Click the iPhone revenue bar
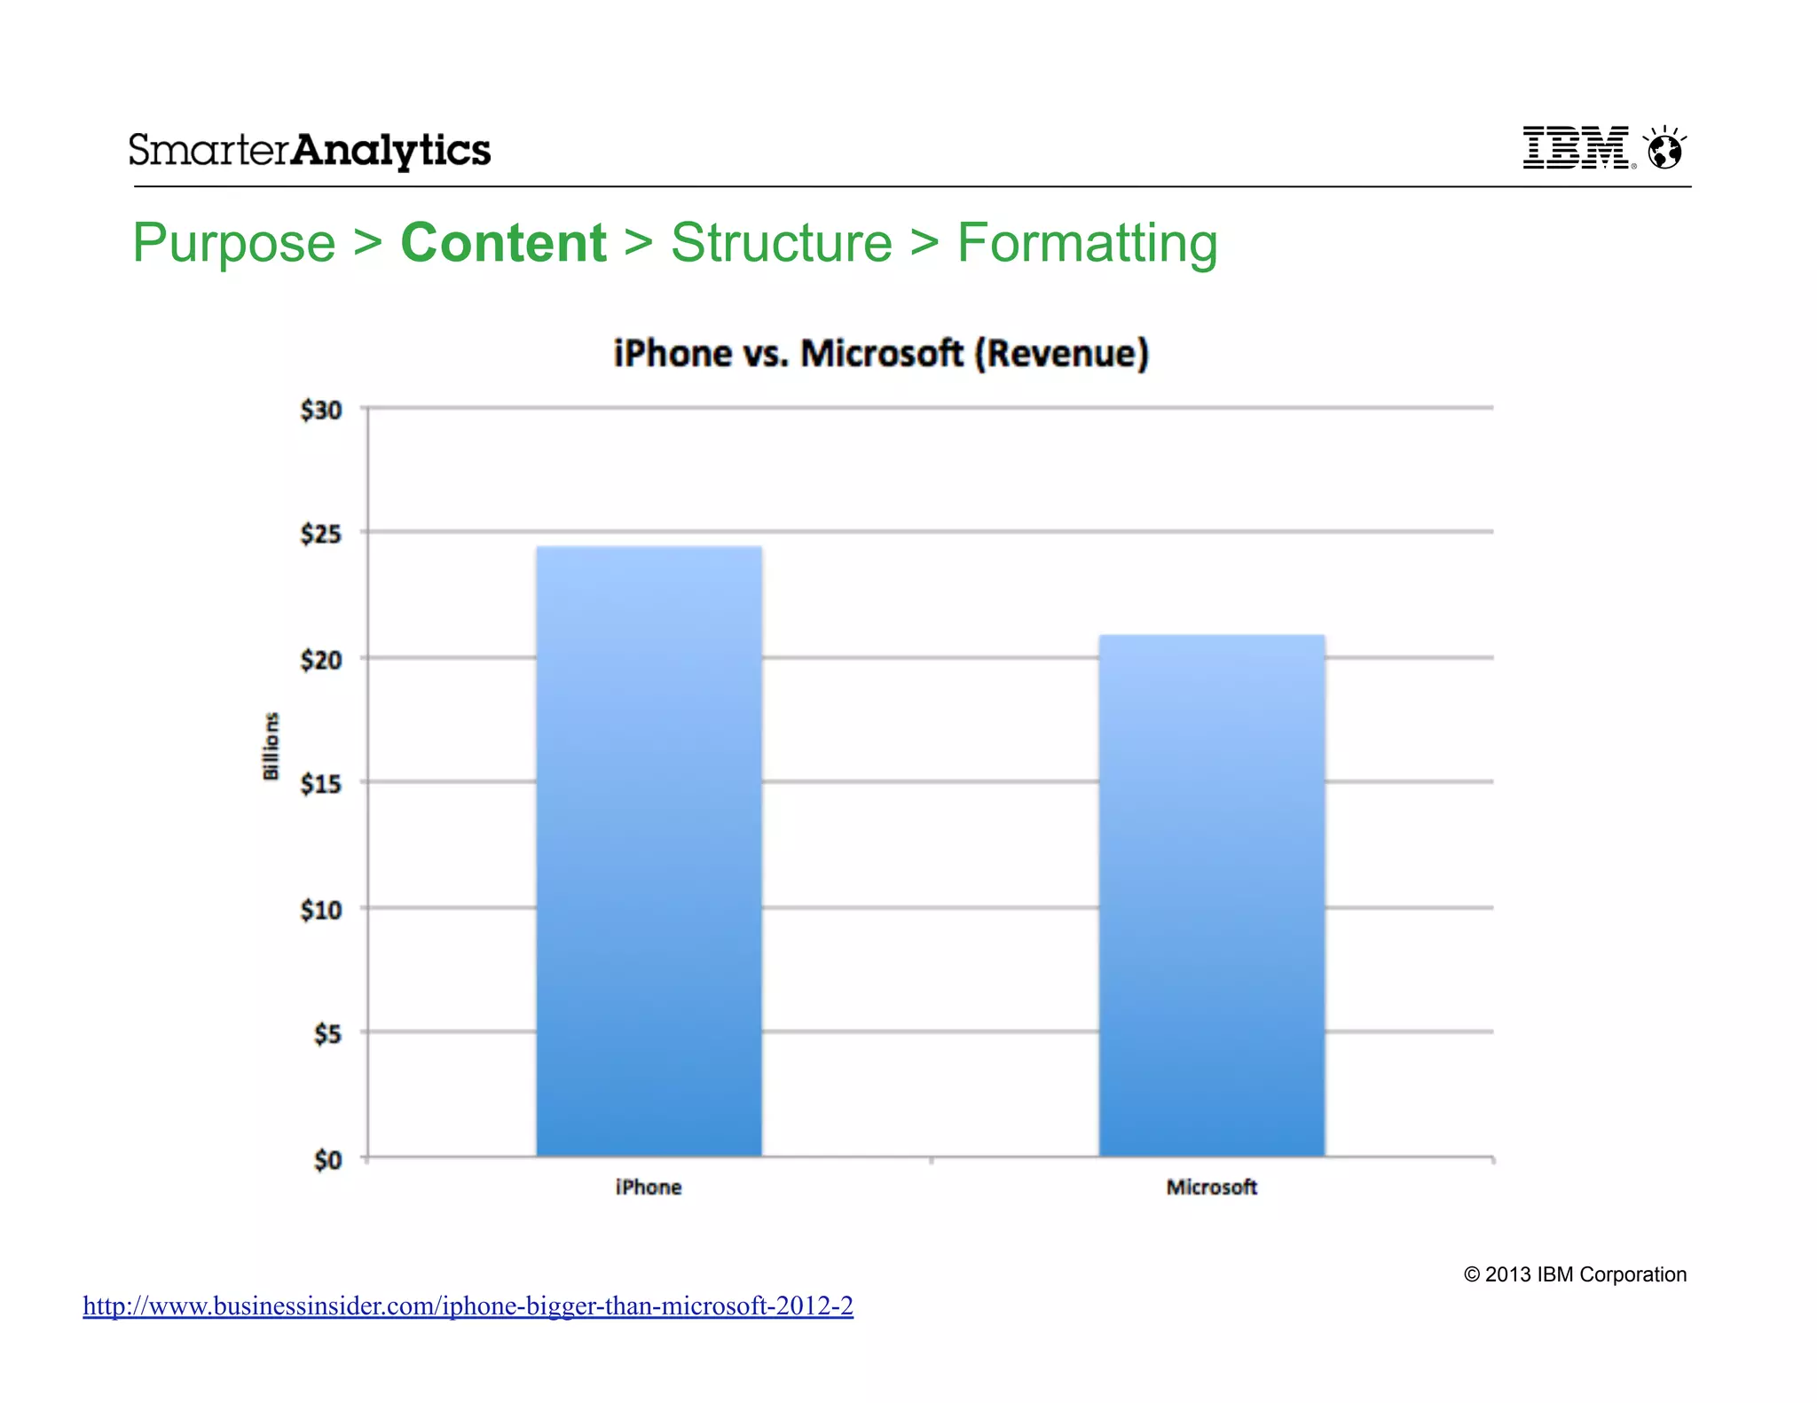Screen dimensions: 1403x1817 (x=649, y=851)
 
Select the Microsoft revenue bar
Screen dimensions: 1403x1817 (x=1212, y=896)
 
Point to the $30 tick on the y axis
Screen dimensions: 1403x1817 (x=321, y=410)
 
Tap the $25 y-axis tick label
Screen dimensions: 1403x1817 (x=321, y=534)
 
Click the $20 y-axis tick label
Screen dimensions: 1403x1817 (x=321, y=660)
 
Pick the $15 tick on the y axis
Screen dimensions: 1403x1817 (x=321, y=784)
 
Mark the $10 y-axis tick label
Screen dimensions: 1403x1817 (x=321, y=910)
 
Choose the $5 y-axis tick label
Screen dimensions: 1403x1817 (x=327, y=1034)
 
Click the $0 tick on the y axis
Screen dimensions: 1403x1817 (x=327, y=1160)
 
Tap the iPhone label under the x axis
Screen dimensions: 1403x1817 (x=649, y=1187)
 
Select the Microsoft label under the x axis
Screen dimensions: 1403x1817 (x=1212, y=1187)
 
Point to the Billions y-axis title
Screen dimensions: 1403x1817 (x=271, y=747)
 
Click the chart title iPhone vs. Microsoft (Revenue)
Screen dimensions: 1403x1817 (x=881, y=353)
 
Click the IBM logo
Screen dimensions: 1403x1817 (x=1576, y=147)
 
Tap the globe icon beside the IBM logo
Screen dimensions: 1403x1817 (x=1664, y=148)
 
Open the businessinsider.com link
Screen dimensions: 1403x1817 (x=468, y=1305)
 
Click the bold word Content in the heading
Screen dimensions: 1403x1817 (x=503, y=242)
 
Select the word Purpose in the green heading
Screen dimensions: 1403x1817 (x=234, y=242)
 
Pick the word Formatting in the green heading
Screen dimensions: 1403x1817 (x=1087, y=242)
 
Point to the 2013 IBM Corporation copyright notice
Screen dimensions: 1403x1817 (x=1575, y=1274)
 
